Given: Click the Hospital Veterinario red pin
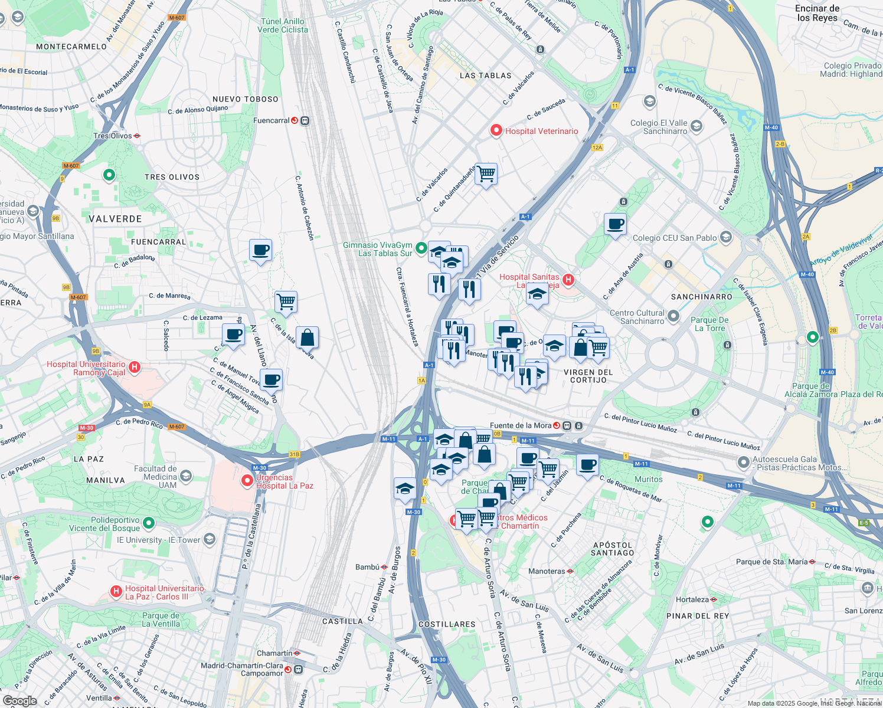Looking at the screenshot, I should click(496, 130).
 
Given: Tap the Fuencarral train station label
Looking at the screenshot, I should click(272, 120).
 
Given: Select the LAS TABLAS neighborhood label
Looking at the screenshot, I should click(485, 76).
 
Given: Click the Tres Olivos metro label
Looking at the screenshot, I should click(113, 136).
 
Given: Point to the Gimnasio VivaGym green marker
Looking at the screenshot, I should click(421, 248).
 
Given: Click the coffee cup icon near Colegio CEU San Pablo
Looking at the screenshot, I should click(615, 225).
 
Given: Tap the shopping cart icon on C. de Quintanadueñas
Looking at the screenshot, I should click(486, 175).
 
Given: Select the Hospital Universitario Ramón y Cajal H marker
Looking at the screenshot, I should click(135, 368).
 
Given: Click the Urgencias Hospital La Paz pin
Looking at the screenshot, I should click(247, 481).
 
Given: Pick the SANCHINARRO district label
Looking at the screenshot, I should click(701, 297).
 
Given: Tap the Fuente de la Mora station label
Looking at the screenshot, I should click(521, 425).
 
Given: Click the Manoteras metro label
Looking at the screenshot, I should click(547, 571).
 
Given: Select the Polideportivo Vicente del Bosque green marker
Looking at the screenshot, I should click(149, 523).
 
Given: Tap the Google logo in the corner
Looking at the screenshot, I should click(19, 701).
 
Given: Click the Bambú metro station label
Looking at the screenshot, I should click(367, 567).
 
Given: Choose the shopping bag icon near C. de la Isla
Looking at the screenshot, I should click(308, 338).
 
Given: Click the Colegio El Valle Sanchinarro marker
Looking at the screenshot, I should click(696, 126).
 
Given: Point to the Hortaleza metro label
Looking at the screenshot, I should click(692, 599).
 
